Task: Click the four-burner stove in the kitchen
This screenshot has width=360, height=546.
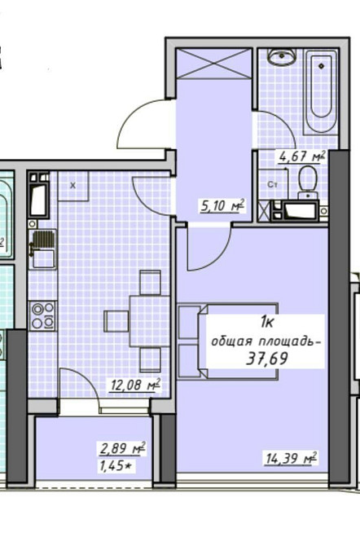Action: coord(42,315)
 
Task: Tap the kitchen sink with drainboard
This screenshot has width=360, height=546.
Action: coord(42,249)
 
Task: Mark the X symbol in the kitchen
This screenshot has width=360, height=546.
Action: coord(72,185)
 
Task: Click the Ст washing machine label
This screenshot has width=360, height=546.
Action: coord(273,185)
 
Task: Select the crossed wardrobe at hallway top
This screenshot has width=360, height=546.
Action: coord(212,64)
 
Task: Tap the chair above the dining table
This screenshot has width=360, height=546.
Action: coord(149,283)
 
